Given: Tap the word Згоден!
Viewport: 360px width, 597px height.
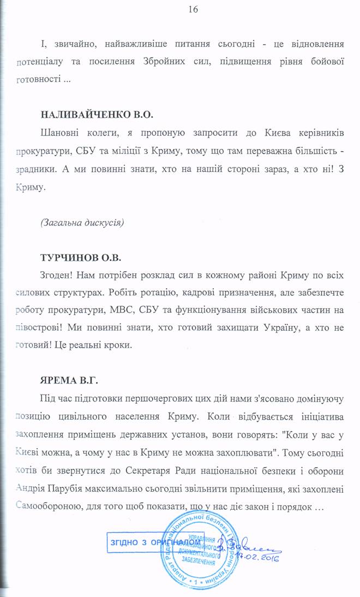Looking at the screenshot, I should click(58, 273).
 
